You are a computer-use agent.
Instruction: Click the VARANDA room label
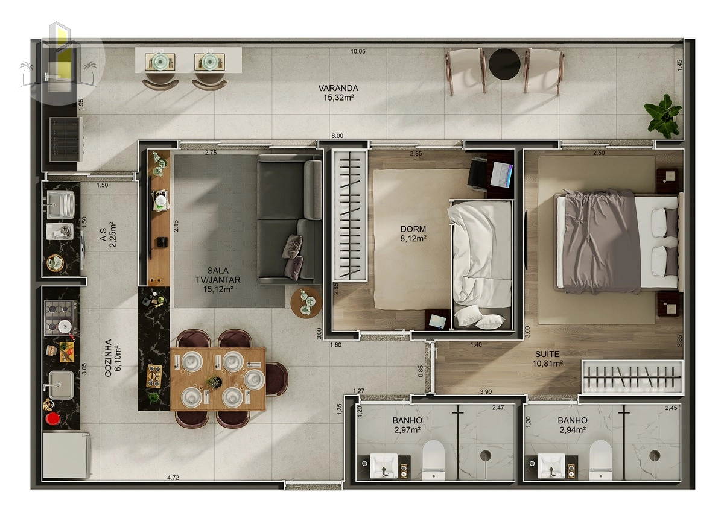(x=338, y=88)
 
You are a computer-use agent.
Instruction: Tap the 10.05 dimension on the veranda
(x=358, y=51)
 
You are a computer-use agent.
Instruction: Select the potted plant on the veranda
(x=662, y=116)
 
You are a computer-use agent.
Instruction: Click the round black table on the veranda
(x=504, y=63)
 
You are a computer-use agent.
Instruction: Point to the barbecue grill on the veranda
(x=65, y=139)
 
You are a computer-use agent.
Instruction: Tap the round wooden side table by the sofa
(x=306, y=303)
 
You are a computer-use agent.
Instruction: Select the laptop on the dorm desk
(x=502, y=174)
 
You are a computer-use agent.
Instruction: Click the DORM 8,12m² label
(x=413, y=234)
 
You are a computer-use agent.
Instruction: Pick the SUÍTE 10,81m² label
(x=547, y=359)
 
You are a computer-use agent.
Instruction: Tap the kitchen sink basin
(x=61, y=385)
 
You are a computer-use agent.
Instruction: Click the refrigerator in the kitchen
(x=66, y=456)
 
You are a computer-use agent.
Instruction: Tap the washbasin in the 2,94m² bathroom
(x=551, y=466)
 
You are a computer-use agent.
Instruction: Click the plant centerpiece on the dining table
(x=214, y=382)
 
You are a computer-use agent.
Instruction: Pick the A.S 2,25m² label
(x=108, y=235)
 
